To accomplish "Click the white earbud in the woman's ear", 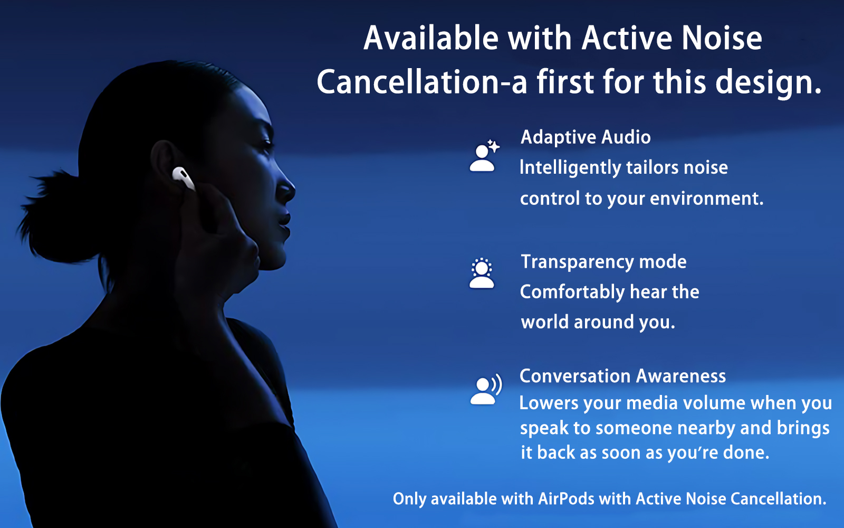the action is pyautogui.click(x=184, y=178).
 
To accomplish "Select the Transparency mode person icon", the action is pyautogui.click(x=482, y=273).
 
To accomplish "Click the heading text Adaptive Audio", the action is pyautogui.click(x=586, y=137).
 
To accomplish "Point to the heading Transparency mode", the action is pyautogui.click(x=603, y=262).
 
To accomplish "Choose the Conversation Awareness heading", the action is pyautogui.click(x=622, y=376).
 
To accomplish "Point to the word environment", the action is pyautogui.click(x=707, y=199).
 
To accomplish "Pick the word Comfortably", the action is pyautogui.click(x=572, y=293).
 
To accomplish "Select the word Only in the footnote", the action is pyautogui.click(x=409, y=499).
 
